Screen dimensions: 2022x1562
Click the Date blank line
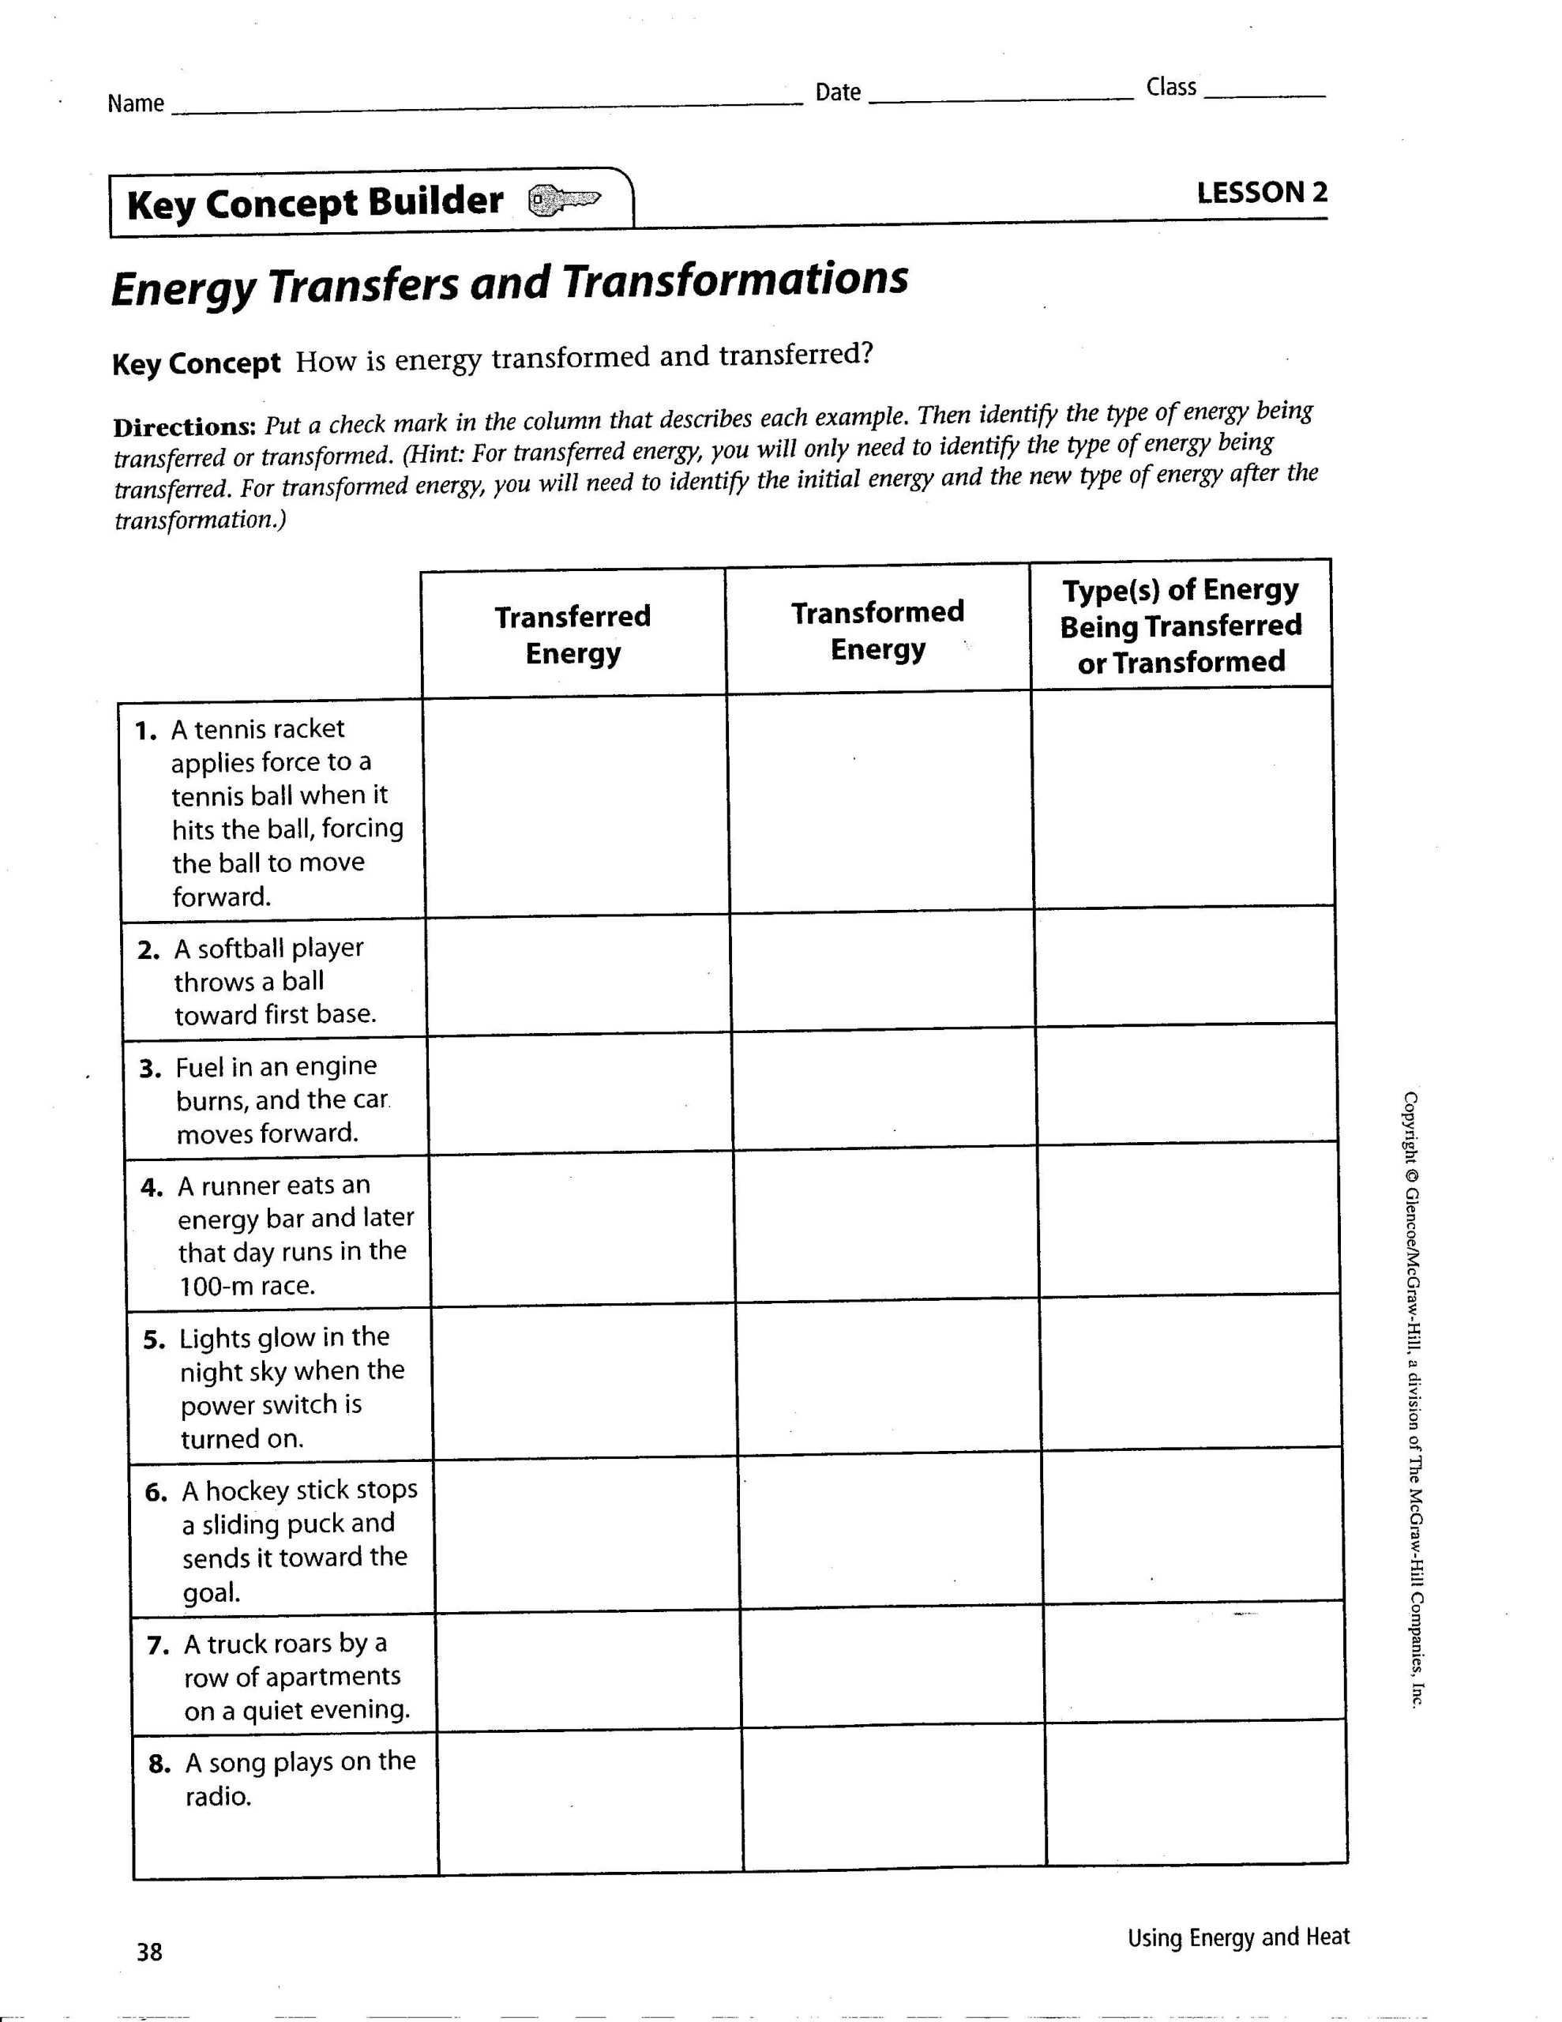coord(1002,96)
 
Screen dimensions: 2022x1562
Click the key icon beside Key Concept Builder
coord(564,199)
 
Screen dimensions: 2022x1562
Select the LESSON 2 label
coord(1261,193)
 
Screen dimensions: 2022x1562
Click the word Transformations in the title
coord(734,280)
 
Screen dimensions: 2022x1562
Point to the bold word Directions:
coord(183,427)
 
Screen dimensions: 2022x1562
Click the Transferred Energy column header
coord(573,634)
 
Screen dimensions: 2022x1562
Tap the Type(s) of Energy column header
coord(1181,625)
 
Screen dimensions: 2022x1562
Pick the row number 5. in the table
coord(155,1340)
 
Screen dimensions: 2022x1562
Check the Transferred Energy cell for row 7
coord(587,1674)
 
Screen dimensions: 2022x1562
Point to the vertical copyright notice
coord(1412,1398)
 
